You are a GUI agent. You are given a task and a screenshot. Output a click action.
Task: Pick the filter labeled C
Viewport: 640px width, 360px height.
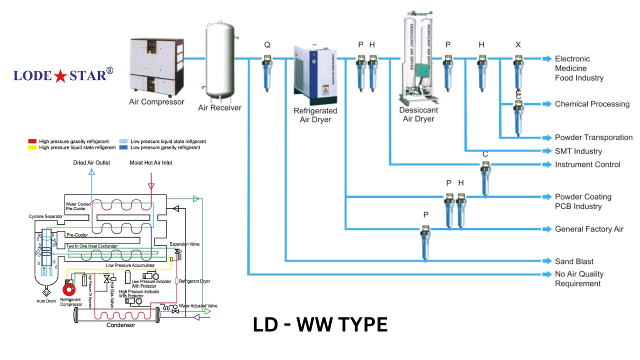485,180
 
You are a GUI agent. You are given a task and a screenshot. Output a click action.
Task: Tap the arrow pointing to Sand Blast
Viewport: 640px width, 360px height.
546,261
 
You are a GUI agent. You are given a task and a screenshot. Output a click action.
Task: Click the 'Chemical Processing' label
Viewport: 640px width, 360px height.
592,104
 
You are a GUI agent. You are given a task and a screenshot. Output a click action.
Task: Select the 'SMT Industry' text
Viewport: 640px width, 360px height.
578,151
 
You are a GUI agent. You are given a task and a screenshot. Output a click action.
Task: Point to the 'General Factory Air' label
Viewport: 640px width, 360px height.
589,229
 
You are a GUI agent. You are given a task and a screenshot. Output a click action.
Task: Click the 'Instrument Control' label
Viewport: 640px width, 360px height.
587,164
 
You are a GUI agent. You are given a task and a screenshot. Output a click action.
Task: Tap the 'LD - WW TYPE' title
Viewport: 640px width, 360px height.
320,325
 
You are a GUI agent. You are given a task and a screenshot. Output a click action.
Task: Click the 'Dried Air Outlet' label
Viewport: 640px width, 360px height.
92,162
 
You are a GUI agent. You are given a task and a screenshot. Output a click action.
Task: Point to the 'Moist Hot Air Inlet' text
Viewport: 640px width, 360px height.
151,162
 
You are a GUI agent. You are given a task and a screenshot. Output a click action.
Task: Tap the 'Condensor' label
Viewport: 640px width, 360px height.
120,325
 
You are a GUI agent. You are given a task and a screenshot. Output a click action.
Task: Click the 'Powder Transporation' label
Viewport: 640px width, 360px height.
593,137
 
